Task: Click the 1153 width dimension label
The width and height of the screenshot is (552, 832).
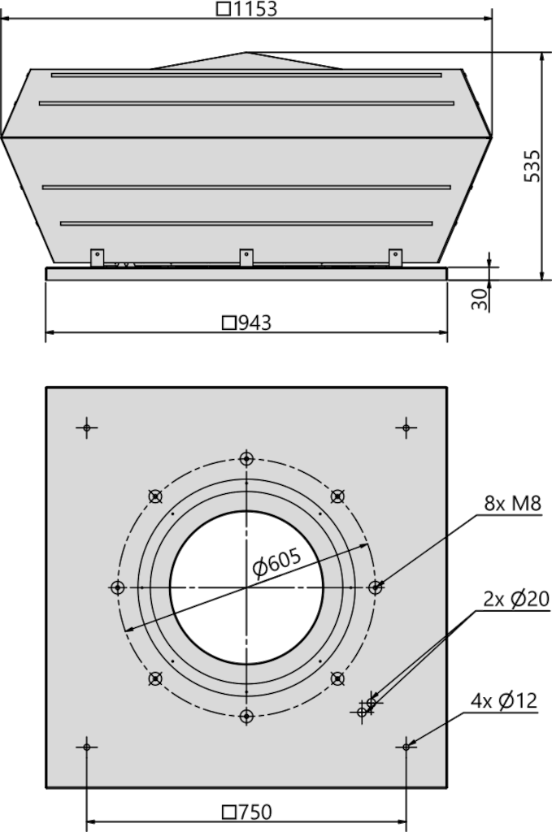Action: point(247,9)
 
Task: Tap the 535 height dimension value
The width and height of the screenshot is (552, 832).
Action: point(532,166)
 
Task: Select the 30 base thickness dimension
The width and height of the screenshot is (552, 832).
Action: point(479,299)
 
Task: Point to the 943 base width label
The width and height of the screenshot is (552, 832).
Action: point(246,323)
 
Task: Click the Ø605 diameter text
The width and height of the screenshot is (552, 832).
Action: point(277,563)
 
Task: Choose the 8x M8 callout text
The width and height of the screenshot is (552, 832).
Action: point(512,503)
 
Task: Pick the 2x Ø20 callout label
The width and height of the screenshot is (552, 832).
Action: point(516,599)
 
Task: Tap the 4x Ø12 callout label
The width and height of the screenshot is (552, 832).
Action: point(504,701)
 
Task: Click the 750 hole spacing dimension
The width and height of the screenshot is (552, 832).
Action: point(247,812)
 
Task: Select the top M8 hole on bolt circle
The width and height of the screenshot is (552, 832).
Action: point(246,458)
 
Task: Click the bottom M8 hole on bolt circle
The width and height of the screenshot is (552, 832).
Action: point(246,717)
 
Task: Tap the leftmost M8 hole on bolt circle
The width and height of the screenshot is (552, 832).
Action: point(117,587)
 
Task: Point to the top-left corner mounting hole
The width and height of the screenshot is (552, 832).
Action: point(86,427)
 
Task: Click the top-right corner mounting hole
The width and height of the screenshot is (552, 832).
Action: point(406,427)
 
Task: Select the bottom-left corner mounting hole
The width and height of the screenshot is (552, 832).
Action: point(86,747)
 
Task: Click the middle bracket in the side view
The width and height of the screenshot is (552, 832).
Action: point(246,257)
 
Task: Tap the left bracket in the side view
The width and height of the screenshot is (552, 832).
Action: point(97,257)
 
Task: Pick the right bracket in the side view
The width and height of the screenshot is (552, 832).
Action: point(395,257)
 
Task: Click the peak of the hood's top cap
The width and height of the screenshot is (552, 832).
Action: point(246,52)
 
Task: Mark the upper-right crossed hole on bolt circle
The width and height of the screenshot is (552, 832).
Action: point(337,496)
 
